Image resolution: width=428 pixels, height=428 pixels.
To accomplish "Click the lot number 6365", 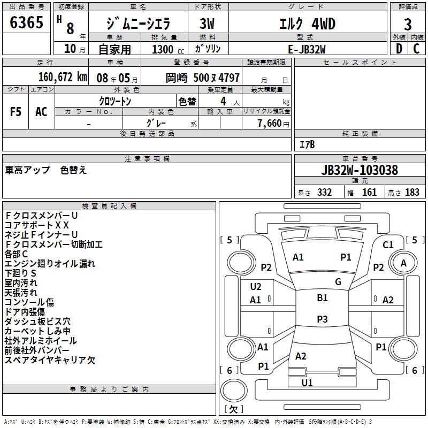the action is (27, 23).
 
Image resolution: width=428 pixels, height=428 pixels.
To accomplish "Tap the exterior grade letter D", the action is (399, 48).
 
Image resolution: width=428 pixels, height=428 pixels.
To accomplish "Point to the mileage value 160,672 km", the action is (63, 77).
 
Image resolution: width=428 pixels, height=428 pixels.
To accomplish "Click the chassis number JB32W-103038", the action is (360, 170).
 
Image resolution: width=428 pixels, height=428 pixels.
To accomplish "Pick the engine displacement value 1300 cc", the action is (163, 49).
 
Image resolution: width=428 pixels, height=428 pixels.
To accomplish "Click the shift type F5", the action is (16, 112).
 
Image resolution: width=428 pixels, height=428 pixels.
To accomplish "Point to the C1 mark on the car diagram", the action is (388, 245).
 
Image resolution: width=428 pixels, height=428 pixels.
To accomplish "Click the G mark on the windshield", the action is (338, 282).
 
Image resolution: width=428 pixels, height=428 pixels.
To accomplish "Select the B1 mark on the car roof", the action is (322, 298).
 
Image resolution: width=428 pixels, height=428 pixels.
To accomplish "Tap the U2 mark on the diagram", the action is (256, 287).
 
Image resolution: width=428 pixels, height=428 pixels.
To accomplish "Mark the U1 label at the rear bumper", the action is (307, 383).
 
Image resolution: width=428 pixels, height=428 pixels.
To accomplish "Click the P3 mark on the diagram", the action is (322, 319).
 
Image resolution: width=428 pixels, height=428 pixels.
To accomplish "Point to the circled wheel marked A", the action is (403, 263).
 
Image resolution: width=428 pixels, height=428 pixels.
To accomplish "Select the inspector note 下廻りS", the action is (20, 273).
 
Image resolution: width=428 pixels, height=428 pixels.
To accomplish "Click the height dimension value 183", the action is (412, 193).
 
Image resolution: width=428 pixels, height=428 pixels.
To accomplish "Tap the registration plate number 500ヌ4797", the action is (217, 77).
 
